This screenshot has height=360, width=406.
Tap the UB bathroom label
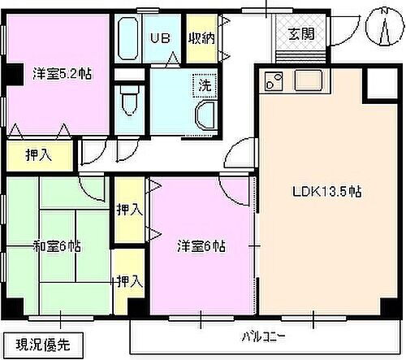[158, 37]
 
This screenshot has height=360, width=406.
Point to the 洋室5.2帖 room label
[62, 72]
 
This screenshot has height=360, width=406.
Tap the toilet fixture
[128, 102]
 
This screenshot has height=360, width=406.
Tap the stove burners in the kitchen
[272, 82]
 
